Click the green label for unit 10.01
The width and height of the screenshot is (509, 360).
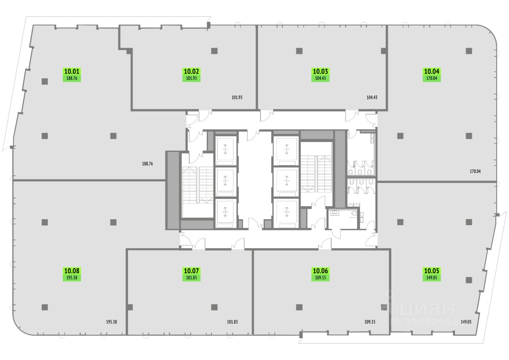tap(72, 75)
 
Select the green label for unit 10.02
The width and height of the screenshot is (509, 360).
tap(192, 75)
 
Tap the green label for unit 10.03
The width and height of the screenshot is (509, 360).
tap(321, 75)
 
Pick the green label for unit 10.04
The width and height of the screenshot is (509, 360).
tap(432, 75)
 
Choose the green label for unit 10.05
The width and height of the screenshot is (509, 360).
tap(432, 274)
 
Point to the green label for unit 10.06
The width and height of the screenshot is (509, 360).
tap(321, 274)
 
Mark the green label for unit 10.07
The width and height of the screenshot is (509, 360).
tap(192, 274)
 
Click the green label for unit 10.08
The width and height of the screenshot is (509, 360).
tap(72, 274)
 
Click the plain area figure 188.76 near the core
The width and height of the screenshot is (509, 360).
tap(147, 163)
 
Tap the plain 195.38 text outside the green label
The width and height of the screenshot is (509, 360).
tap(109, 322)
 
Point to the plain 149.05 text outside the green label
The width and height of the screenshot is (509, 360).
tap(466, 322)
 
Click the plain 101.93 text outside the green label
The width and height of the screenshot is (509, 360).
tap(237, 97)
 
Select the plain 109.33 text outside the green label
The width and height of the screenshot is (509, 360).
tap(370, 322)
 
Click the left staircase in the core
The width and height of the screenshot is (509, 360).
tap(198, 185)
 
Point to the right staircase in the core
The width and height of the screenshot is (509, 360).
tap(316, 173)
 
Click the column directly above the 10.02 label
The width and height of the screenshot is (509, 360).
tap(214, 51)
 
